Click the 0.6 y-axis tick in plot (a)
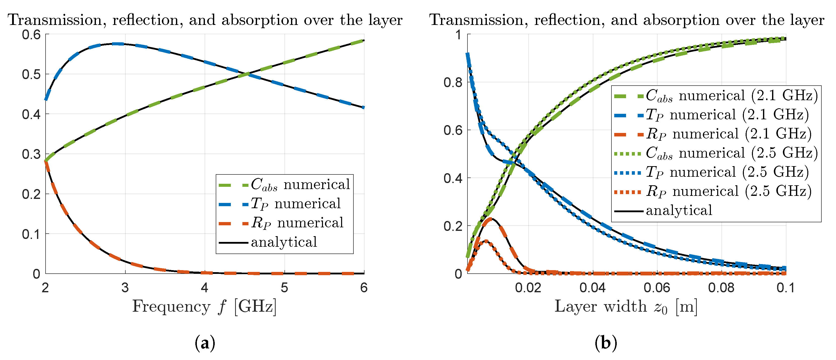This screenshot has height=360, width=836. pyautogui.click(x=31, y=34)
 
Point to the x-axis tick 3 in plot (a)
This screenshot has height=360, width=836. pyautogui.click(x=125, y=287)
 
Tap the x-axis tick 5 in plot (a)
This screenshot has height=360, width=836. pyautogui.click(x=284, y=287)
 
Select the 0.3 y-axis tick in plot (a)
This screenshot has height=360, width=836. pyautogui.click(x=31, y=154)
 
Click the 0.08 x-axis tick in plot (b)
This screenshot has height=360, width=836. pyautogui.click(x=721, y=287)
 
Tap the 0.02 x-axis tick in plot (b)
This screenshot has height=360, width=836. pyautogui.click(x=528, y=287)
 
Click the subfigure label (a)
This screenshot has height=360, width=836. pyautogui.click(x=205, y=343)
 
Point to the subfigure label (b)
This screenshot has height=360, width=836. pyautogui.click(x=606, y=343)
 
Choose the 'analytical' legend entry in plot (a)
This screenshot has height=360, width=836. pyautogui.click(x=284, y=242)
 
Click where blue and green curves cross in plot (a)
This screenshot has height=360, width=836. pyautogui.click(x=248, y=74)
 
